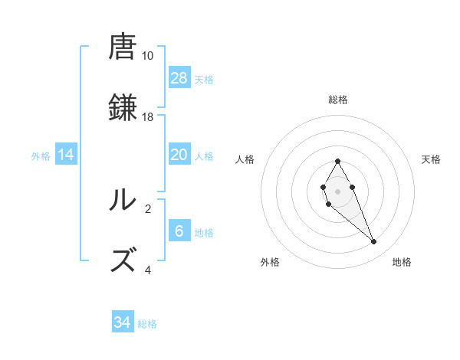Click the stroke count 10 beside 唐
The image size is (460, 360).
tap(148, 56)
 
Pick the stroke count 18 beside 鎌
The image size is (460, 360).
tap(148, 117)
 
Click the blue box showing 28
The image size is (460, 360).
tap(179, 78)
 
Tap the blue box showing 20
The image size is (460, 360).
tap(179, 155)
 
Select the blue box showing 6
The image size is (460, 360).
tap(179, 231)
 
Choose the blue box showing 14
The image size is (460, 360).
tap(66, 155)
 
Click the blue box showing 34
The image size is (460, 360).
tap(123, 323)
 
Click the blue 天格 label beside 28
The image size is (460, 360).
tap(204, 79)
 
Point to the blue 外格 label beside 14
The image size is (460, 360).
tap(41, 156)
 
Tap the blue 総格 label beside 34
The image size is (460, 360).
tap(147, 324)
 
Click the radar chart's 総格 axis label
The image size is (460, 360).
tap(338, 100)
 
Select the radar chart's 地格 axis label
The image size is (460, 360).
tap(402, 262)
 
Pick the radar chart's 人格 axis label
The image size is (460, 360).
tap(245, 159)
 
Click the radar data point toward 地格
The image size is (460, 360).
tap(374, 242)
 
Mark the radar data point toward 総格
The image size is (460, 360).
tap(338, 161)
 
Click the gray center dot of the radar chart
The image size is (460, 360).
tap(338, 190)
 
